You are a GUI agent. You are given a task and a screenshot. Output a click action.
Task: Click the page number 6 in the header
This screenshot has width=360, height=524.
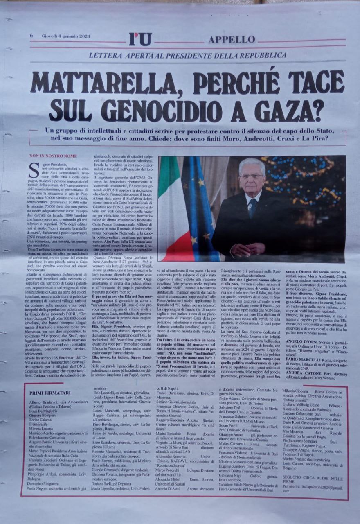pyautogui.click(x=32, y=36)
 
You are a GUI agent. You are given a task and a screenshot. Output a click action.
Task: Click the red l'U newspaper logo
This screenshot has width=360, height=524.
pyautogui.click(x=140, y=39)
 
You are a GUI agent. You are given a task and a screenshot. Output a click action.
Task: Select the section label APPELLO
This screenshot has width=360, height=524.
pyautogui.click(x=232, y=40)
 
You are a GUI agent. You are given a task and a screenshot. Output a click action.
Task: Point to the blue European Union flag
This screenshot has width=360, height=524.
pyautogui.click(x=201, y=205)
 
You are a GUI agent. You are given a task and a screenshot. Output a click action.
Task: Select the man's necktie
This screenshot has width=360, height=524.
pyautogui.click(x=253, y=208)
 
